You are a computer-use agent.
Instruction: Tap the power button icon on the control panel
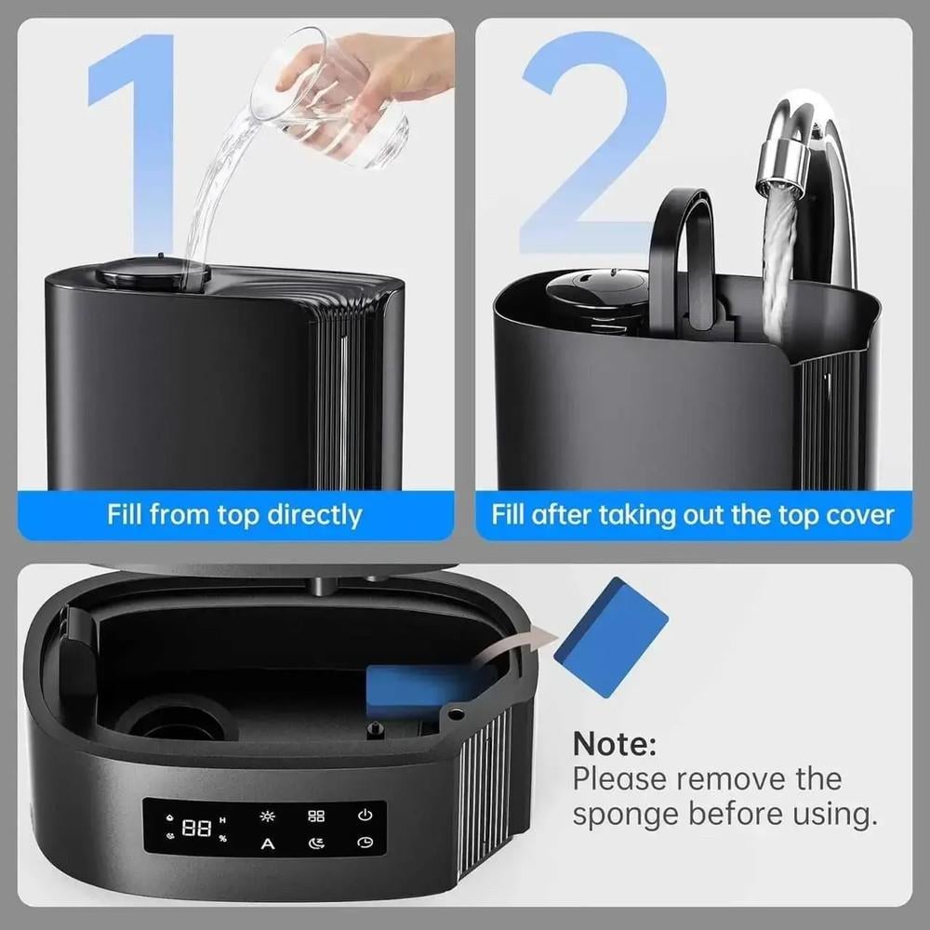[365, 815]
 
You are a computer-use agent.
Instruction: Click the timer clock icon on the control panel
[365, 843]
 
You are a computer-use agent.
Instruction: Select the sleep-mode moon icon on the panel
[316, 843]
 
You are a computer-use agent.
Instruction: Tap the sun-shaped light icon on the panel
[268, 817]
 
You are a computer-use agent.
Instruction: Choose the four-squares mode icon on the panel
[316, 817]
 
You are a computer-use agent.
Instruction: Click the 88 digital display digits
[196, 828]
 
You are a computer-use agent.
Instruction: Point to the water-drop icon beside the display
[170, 817]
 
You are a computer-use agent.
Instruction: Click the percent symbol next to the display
[223, 838]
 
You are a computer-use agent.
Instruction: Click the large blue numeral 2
[593, 142]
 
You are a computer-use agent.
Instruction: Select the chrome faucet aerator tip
[782, 163]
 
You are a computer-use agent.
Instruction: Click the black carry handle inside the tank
[682, 255]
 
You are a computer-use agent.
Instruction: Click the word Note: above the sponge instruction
[615, 743]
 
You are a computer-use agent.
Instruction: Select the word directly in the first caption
[314, 515]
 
